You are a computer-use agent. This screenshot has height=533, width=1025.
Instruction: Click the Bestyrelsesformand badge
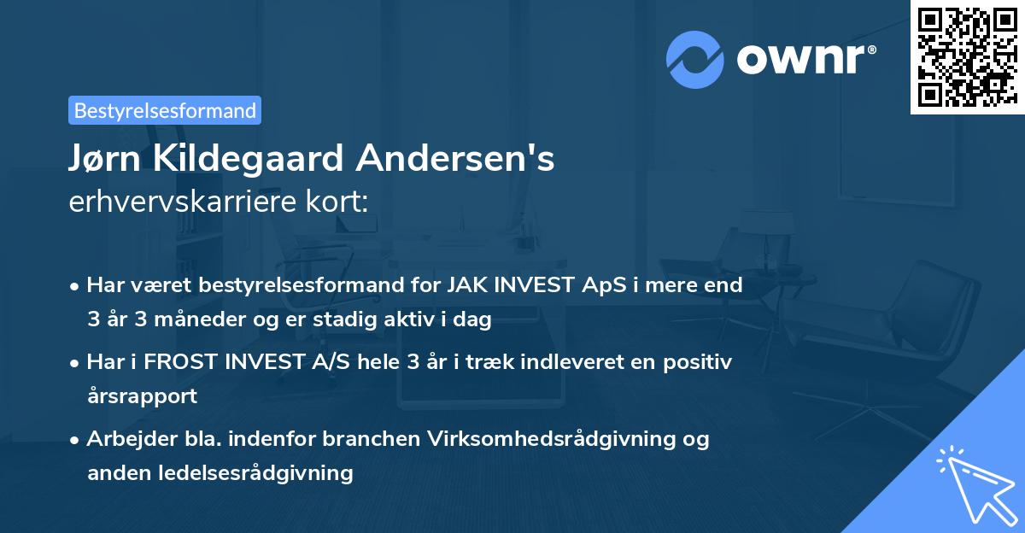point(165,110)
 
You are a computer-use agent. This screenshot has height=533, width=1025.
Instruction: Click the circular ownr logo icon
point(695,58)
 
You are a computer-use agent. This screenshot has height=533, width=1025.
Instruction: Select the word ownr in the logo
point(803,58)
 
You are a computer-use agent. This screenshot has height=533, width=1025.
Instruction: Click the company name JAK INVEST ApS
point(519,284)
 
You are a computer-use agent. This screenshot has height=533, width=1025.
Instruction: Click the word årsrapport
point(142,396)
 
